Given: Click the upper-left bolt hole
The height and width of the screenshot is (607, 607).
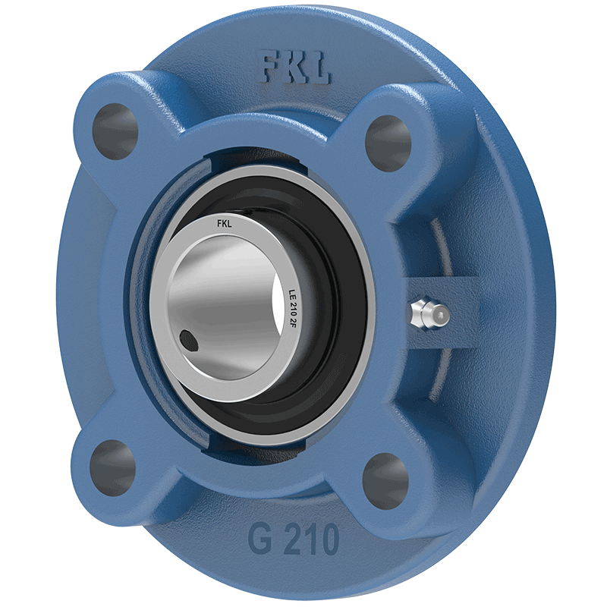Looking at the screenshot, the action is [115, 131].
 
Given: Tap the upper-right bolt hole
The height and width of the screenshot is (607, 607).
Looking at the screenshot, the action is [388, 143].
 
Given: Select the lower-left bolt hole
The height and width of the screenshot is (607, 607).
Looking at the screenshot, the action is [112, 468].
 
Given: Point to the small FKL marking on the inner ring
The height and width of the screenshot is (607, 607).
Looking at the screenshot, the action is [225, 223].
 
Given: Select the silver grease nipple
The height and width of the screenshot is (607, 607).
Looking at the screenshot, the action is [429, 313].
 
